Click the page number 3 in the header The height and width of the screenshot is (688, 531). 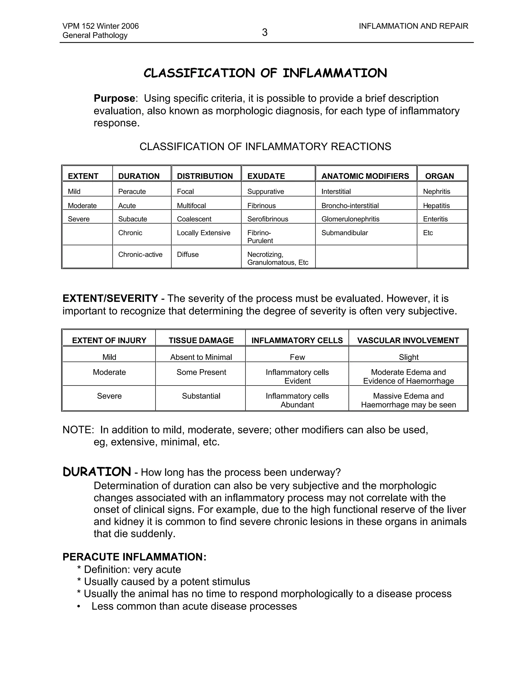(x=264, y=32)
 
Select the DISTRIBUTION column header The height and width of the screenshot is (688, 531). (x=205, y=176)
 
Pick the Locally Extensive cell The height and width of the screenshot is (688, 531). (x=204, y=233)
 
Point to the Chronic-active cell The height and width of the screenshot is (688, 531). (x=140, y=254)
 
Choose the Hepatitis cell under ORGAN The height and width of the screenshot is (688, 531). (x=436, y=206)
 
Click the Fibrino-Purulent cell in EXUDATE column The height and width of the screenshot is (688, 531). (x=260, y=237)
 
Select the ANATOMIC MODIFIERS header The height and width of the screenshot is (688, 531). (x=365, y=176)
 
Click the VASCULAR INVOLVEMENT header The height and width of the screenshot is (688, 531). (x=408, y=341)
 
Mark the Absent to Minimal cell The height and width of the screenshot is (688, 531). (x=201, y=357)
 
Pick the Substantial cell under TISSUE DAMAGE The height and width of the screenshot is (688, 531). (x=201, y=396)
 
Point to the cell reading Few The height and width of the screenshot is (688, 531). (x=297, y=357)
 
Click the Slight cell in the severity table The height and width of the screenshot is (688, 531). (x=408, y=357)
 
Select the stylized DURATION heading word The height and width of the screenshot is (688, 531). (x=97, y=472)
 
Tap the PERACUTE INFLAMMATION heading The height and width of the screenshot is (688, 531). (x=134, y=557)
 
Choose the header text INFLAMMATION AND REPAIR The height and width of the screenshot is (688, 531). (x=413, y=26)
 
